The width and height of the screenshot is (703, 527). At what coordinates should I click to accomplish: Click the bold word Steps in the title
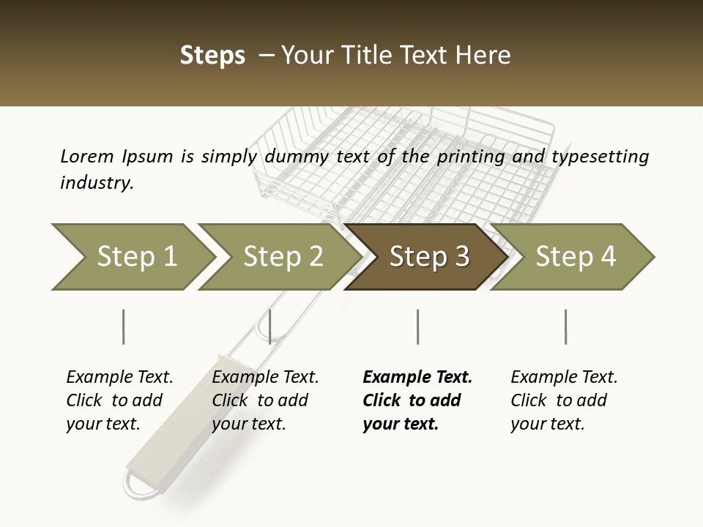(x=212, y=56)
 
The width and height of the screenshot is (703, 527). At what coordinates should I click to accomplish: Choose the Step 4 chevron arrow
(x=572, y=257)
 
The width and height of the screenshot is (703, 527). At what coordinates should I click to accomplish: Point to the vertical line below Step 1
(x=123, y=326)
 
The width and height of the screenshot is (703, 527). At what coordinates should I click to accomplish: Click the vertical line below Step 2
(x=269, y=326)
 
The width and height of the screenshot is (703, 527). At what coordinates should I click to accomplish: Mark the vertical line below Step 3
(x=417, y=326)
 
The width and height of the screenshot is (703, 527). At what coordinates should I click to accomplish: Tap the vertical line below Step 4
(x=565, y=326)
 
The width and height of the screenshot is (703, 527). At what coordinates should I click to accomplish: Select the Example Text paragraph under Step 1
(x=119, y=400)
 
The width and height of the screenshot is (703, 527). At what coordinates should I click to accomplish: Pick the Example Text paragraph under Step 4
(x=564, y=400)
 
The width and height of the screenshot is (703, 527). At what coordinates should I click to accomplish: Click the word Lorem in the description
(x=87, y=157)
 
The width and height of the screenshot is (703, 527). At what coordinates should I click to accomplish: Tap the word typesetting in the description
(x=600, y=157)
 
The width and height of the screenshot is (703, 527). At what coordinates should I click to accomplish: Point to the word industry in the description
(x=97, y=183)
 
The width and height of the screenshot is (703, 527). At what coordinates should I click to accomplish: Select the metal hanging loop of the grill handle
(x=140, y=485)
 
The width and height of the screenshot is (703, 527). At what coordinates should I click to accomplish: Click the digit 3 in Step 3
(x=462, y=256)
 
